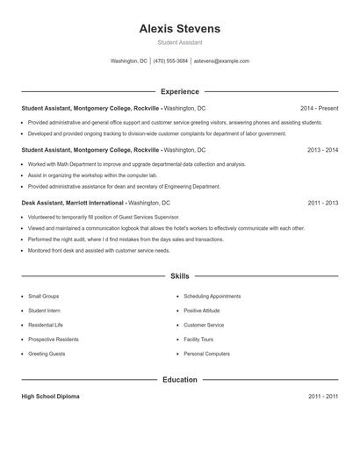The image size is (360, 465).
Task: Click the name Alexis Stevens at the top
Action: coord(180,29)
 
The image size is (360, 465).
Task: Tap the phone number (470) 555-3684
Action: coord(170,61)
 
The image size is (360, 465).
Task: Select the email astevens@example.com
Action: coord(221,61)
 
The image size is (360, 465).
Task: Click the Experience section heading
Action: coord(180,91)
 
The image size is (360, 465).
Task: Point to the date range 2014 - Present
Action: coord(319,108)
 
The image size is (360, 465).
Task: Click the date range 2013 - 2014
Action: coord(322,150)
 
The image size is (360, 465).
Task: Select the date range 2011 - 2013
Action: coord(322,203)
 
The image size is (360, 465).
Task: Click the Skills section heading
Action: coord(180,275)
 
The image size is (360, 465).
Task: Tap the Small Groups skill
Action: coord(44,297)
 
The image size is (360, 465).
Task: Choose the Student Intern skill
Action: coord(44,311)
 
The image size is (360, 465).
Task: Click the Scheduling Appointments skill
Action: coord(212,297)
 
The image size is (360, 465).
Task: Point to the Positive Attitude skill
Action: coord(203,311)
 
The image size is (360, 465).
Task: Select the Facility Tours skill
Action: coord(198,339)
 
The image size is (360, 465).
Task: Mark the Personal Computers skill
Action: coord(206,354)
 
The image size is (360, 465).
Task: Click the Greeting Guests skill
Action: coord(47,354)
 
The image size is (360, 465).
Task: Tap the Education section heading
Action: coord(180,380)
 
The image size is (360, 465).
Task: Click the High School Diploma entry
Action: coord(51,397)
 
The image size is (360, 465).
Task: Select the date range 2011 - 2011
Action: coord(322,397)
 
